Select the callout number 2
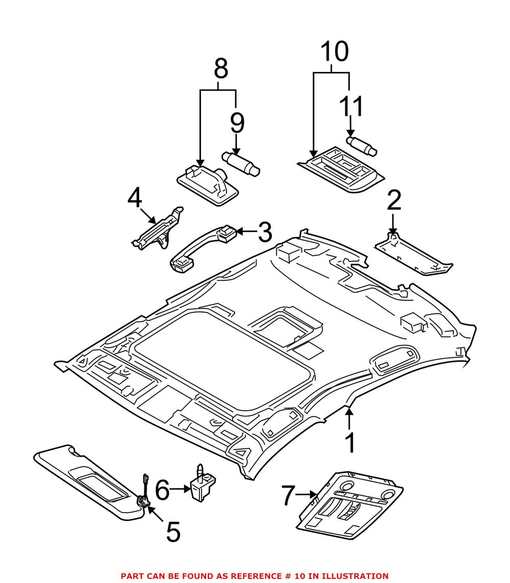point(394,201)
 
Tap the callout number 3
point(264,232)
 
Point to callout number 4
point(134,199)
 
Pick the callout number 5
point(173,532)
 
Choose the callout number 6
point(162,490)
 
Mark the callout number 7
point(288,495)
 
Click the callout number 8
point(220,69)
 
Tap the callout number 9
point(237,124)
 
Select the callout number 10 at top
point(334,51)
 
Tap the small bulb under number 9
point(241,162)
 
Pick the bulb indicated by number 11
point(362,145)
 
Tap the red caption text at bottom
point(254,576)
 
